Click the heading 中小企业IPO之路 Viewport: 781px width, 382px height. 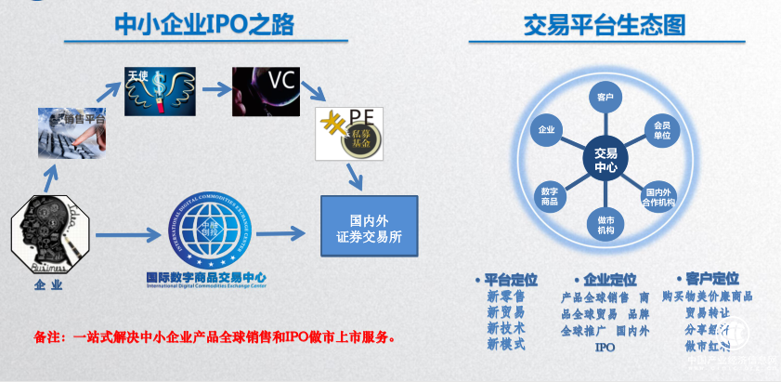pyautogui.click(x=204, y=24)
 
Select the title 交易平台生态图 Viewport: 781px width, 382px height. pyautogui.click(x=604, y=24)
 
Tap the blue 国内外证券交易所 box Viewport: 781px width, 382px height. pyautogui.click(x=369, y=227)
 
